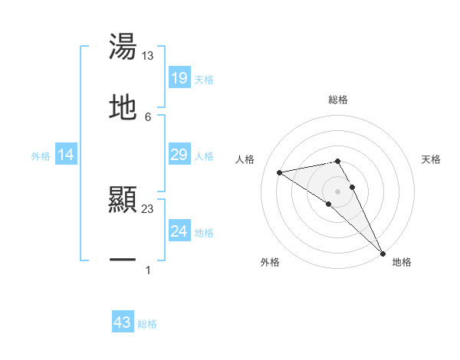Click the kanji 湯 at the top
[x=123, y=47]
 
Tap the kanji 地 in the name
[x=123, y=108]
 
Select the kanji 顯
[x=123, y=201]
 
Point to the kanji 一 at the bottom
[x=123, y=261]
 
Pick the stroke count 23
[x=147, y=208]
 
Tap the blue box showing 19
[x=179, y=78]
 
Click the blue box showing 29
[x=179, y=155]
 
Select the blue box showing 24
[x=179, y=231]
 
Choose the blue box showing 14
[x=66, y=155]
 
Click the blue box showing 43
[x=123, y=323]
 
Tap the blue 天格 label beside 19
[x=204, y=79]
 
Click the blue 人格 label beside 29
[x=204, y=156]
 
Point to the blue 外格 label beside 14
[x=41, y=156]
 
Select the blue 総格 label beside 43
[x=147, y=324]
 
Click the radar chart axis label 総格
[x=338, y=100]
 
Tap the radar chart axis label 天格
[x=432, y=159]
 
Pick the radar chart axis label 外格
[x=270, y=262]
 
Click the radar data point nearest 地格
[x=383, y=253]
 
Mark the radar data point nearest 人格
[x=280, y=172]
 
